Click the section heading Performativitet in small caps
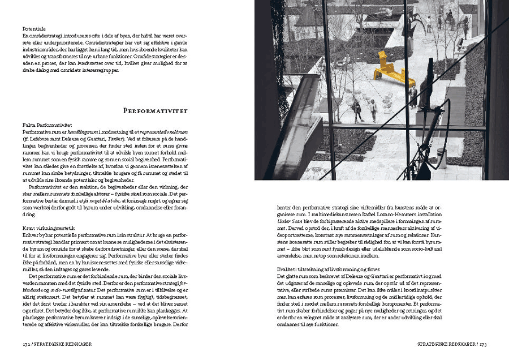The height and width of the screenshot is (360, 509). tap(155, 110)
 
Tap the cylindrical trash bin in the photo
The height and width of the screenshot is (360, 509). tap(441, 158)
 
